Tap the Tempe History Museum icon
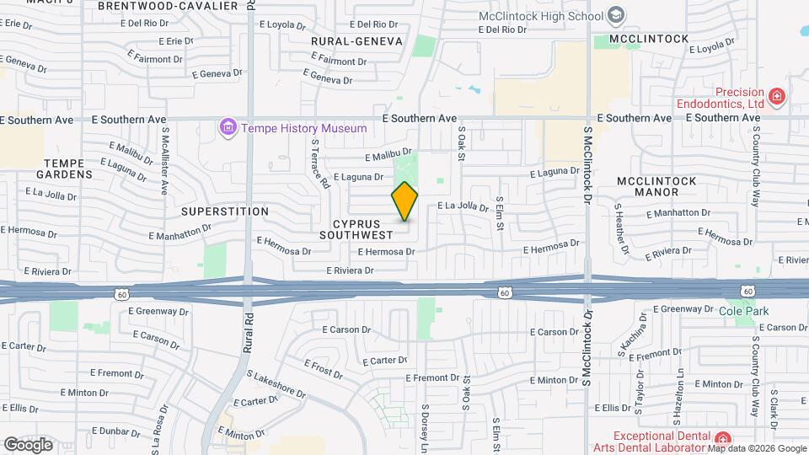pos(227,128)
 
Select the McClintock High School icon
pos(616,15)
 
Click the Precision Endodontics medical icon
pos(776,97)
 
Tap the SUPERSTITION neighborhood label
pos(225,211)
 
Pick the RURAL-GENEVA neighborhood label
pos(356,40)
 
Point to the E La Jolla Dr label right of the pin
pos(463,206)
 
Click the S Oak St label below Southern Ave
pos(462,144)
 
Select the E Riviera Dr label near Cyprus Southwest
pos(350,270)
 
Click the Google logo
pos(28,444)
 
